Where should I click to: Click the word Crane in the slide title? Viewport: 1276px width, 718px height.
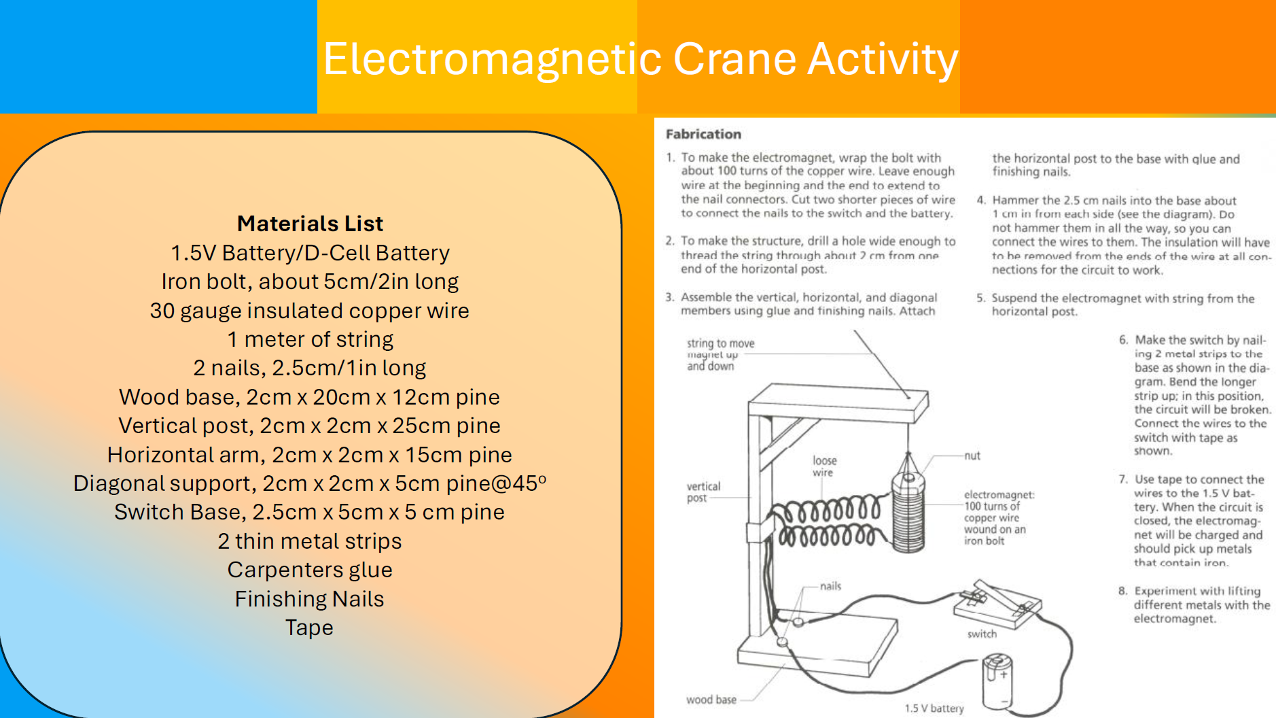734,59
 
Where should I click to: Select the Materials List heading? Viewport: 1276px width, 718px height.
310,224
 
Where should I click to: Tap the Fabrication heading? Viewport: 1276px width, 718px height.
703,134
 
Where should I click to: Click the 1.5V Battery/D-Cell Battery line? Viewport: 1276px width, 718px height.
310,253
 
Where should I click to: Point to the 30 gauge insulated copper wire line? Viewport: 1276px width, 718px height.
310,311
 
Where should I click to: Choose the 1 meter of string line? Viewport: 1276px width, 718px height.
310,339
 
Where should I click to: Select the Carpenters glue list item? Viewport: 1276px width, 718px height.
310,570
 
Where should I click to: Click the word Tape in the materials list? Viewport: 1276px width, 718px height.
309,628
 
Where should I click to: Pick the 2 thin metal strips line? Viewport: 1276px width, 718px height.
310,541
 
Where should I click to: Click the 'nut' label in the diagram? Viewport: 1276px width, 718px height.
972,456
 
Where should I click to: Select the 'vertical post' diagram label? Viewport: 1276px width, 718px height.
703,492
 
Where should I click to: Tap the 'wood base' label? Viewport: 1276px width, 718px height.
711,700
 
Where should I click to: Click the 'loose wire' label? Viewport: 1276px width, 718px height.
824,466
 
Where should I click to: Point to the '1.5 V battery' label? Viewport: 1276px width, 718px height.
934,708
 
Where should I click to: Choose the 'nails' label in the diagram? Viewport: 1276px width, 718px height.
830,586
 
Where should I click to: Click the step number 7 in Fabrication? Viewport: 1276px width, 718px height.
1122,479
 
